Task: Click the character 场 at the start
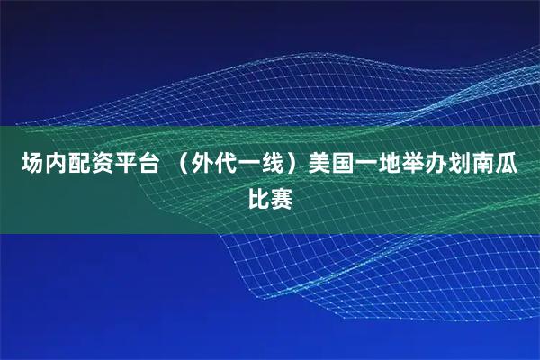tap(32, 166)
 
